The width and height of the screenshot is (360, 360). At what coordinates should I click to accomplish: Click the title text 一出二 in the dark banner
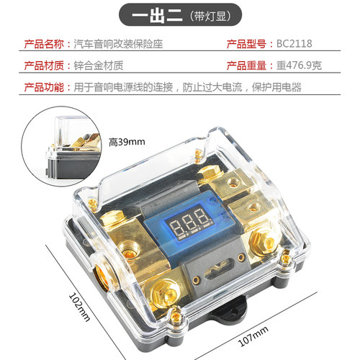(x=154, y=15)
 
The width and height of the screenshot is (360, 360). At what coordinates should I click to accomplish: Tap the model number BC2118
(x=294, y=43)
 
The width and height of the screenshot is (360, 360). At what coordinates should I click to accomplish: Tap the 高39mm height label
(x=127, y=141)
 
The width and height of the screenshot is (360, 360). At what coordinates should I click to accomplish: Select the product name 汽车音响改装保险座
(x=120, y=43)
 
